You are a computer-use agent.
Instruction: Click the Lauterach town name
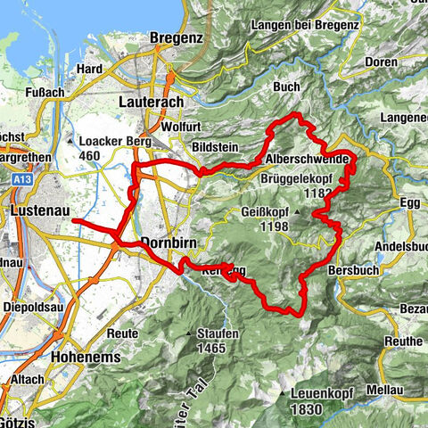tap(151, 103)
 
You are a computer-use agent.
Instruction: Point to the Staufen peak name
tap(218, 334)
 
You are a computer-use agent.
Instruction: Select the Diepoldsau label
tap(35, 300)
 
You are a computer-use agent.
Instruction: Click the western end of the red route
tap(74, 219)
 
